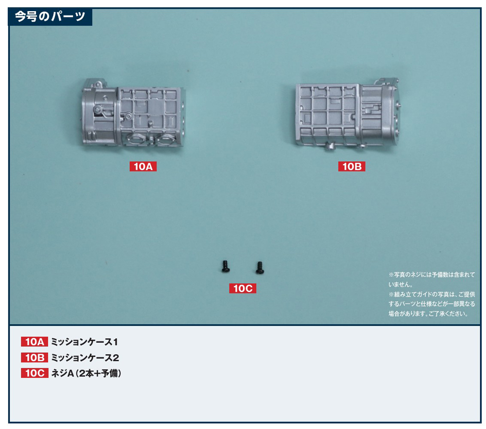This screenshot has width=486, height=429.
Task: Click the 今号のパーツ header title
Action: [50, 16]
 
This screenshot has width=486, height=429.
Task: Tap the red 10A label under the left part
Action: [143, 166]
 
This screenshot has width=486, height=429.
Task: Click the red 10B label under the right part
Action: [351, 166]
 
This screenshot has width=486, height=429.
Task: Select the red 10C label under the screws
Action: [243, 289]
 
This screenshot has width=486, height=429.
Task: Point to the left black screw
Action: [226, 266]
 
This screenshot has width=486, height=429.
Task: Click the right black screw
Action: [260, 268]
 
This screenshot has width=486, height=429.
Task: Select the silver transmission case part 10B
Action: [348, 114]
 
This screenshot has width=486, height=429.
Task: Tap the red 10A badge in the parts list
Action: [35, 342]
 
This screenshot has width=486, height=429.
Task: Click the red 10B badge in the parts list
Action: [35, 358]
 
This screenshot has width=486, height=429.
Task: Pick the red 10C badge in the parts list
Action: [35, 373]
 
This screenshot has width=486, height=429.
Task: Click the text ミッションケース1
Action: [84, 342]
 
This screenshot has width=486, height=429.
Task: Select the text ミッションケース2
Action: [85, 358]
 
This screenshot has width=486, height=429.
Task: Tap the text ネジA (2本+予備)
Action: [86, 373]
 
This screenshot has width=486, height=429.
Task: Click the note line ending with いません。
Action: [400, 284]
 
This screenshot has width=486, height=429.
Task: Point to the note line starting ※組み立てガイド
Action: [432, 294]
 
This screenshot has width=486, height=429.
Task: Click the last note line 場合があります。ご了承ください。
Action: [428, 314]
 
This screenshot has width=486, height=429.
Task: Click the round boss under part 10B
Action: [329, 147]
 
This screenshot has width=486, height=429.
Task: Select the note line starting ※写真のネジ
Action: [432, 275]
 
